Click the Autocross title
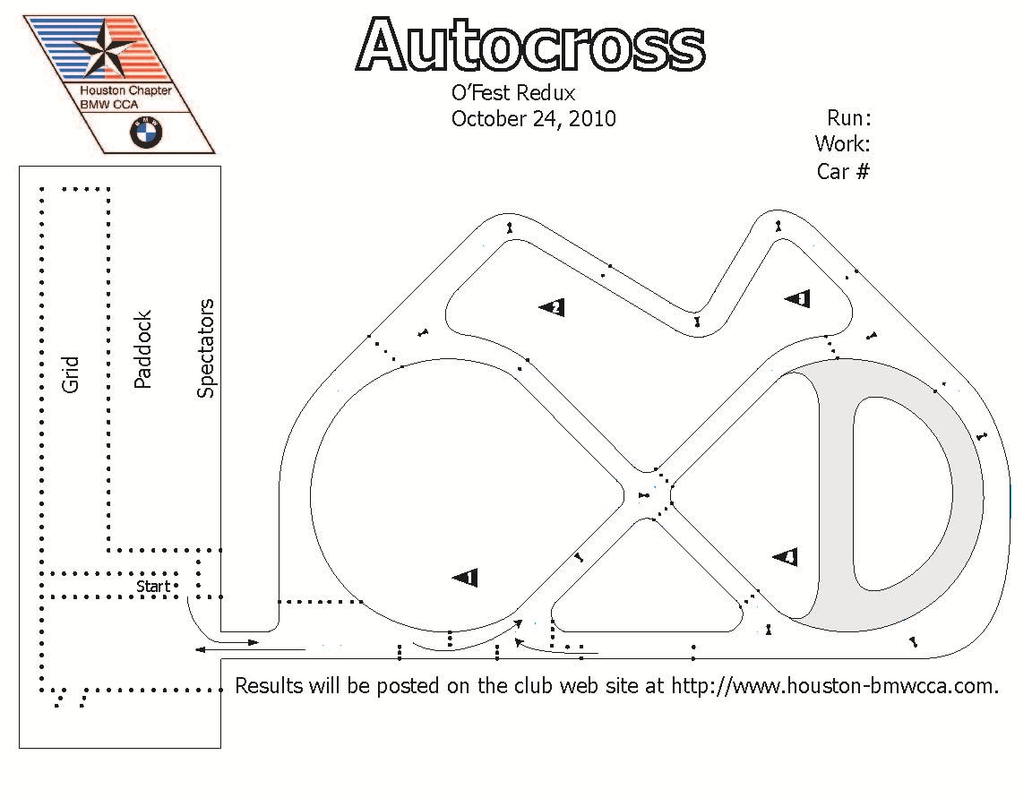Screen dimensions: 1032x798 [530, 45]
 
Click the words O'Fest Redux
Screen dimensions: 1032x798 [513, 93]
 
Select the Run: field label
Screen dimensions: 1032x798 [848, 118]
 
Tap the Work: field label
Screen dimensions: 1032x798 [842, 143]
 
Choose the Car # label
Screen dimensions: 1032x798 [843, 171]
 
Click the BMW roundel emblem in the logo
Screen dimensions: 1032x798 [145, 133]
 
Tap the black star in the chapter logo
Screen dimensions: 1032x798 [104, 47]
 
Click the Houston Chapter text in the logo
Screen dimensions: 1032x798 [125, 90]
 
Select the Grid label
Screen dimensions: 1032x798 [70, 374]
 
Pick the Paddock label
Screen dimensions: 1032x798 [142, 349]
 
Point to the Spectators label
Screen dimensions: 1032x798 [205, 348]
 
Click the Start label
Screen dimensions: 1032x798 [152, 586]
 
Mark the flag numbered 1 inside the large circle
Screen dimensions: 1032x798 [465, 578]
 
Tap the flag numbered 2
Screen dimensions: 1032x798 [552, 307]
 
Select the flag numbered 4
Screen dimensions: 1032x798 [785, 557]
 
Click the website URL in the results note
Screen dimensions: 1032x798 [835, 685]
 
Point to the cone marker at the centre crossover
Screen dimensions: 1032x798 [644, 495]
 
